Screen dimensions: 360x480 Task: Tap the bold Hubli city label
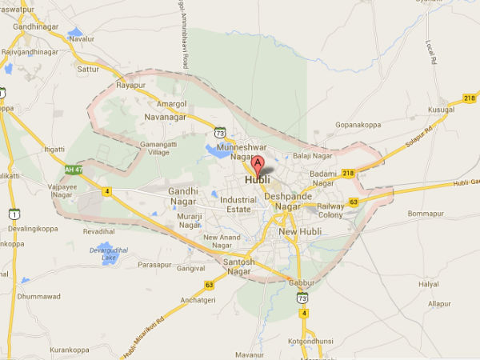click(x=257, y=179)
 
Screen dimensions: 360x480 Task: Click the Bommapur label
click(x=425, y=214)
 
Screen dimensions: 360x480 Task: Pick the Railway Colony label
click(x=330, y=210)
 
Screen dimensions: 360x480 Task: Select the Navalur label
click(x=82, y=38)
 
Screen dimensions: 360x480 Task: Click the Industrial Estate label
click(x=238, y=205)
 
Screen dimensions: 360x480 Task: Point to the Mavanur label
click(x=250, y=353)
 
